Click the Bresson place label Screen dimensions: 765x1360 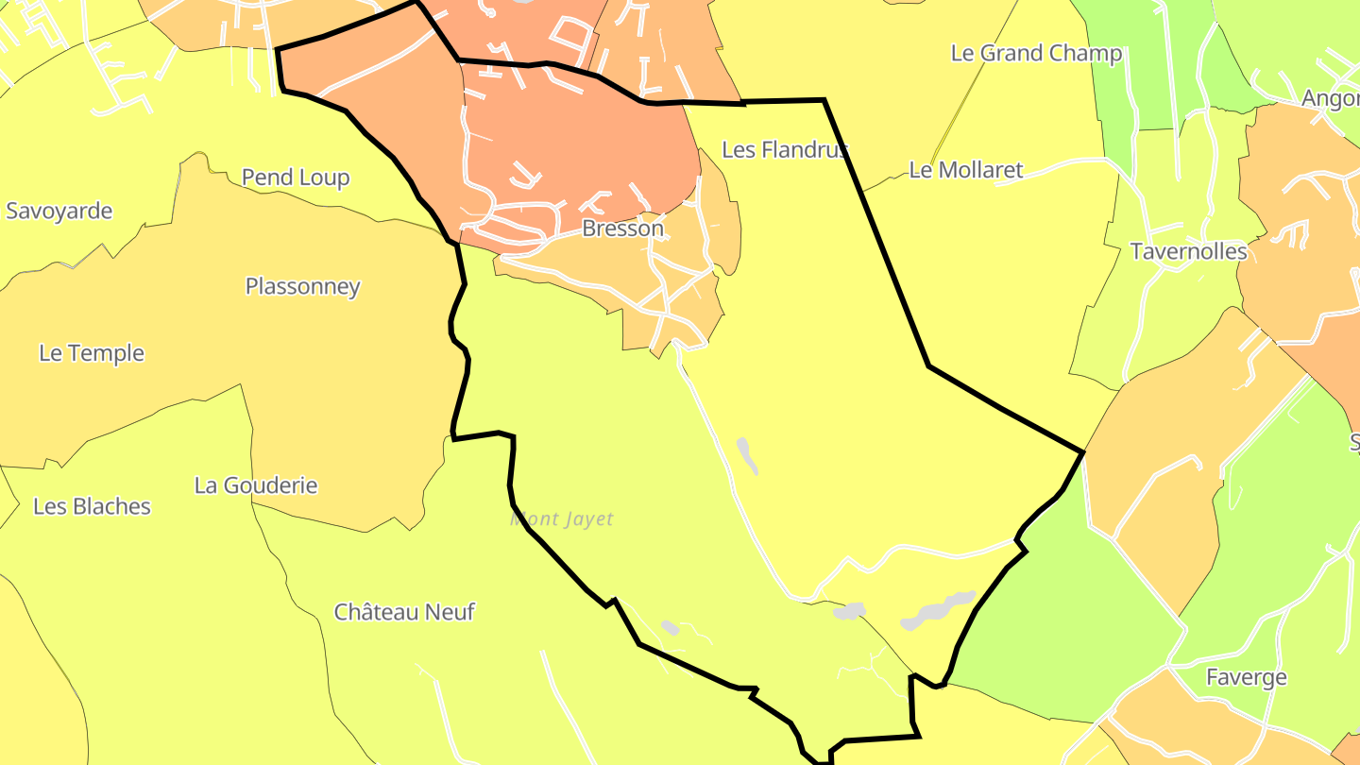[x=622, y=229]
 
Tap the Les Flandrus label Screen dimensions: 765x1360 [x=784, y=149]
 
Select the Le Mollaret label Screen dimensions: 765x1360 [x=966, y=170]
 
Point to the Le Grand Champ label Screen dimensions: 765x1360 [x=1036, y=53]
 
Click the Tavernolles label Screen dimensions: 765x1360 [x=1188, y=252]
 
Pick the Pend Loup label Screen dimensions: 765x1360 [x=296, y=178]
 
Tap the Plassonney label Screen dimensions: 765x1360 [x=302, y=286]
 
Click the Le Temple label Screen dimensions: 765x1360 [x=92, y=353]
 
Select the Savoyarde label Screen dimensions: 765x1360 [x=59, y=211]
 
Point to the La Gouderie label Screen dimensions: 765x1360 [x=256, y=485]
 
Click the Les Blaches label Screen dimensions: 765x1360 [x=92, y=506]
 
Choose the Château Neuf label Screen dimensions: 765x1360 [x=404, y=612]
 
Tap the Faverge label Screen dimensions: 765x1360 [x=1247, y=677]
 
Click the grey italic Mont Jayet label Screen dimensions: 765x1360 [x=562, y=519]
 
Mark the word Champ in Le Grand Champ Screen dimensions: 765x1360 [x=1089, y=53]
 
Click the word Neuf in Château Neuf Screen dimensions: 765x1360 [x=452, y=612]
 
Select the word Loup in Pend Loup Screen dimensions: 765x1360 [x=324, y=178]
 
